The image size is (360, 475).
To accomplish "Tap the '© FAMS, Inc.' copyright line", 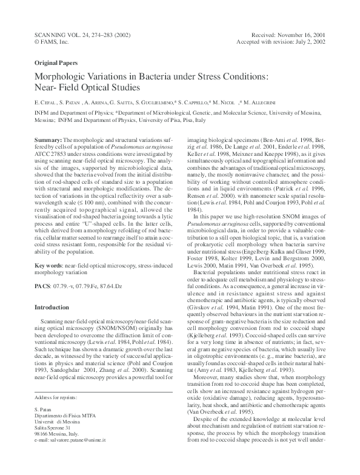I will tap(53, 43).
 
